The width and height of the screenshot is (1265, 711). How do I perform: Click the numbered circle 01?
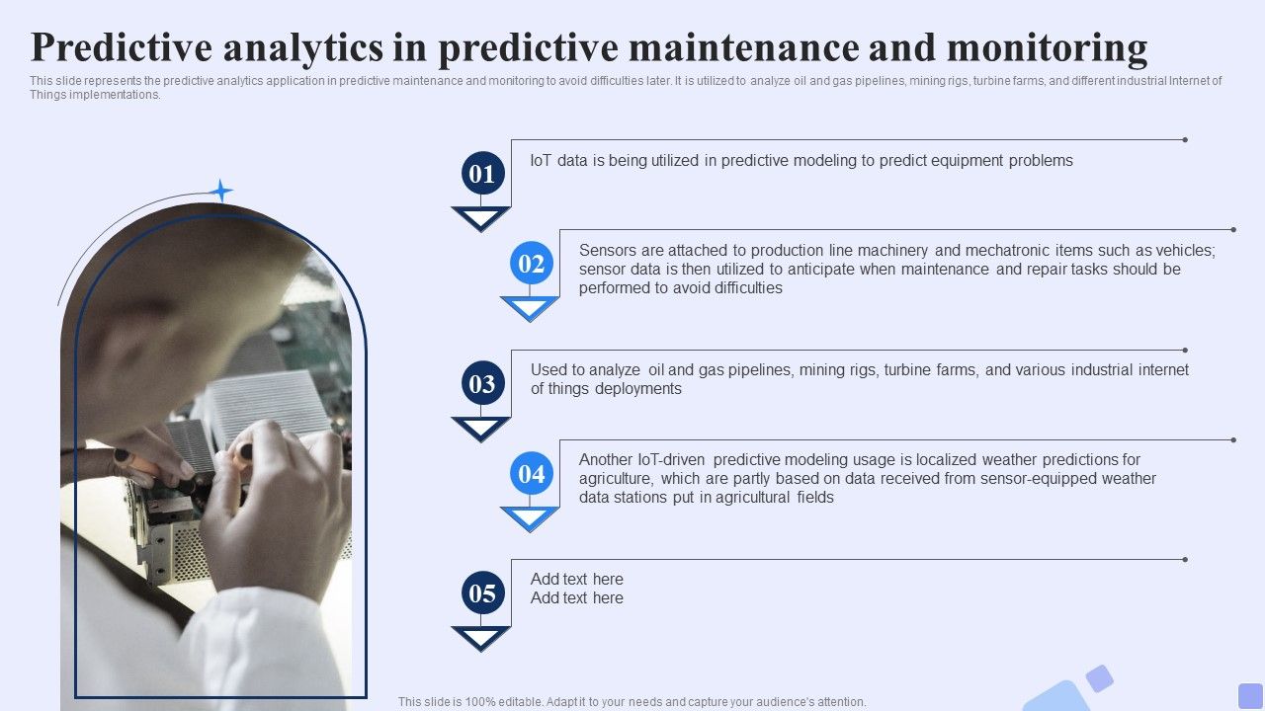coord(481,175)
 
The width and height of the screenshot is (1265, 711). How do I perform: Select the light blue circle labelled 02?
coord(531,264)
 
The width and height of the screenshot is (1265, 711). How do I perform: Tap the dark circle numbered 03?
coord(481,384)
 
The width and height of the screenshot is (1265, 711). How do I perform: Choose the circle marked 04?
coord(531,474)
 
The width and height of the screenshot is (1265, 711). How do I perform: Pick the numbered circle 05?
coord(481,593)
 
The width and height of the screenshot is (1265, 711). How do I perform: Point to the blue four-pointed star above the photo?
coord(221,191)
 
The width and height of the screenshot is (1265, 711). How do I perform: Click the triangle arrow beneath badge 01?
coord(481,217)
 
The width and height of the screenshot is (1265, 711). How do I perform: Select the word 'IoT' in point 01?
coord(541,160)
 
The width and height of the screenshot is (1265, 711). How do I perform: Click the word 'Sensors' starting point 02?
coord(607,251)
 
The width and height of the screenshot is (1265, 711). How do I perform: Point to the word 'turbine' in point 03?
coord(909,370)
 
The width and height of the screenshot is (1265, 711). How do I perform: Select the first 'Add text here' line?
coord(576,580)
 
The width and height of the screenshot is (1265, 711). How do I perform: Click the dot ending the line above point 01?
coord(1185,140)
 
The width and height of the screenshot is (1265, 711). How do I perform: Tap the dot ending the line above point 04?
coord(1233,439)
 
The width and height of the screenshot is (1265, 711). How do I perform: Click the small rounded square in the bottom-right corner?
coord(1250,695)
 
